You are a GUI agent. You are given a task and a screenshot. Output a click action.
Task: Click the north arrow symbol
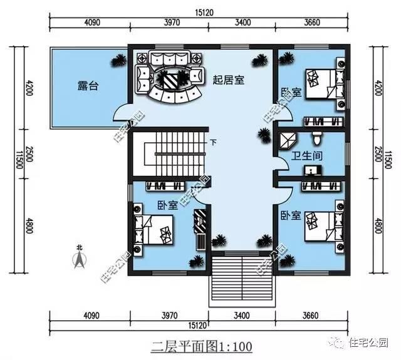[x=79, y=262]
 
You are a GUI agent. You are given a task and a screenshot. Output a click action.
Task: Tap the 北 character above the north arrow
[x=79, y=248]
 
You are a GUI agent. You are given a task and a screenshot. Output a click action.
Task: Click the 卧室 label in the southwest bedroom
[x=167, y=205]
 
